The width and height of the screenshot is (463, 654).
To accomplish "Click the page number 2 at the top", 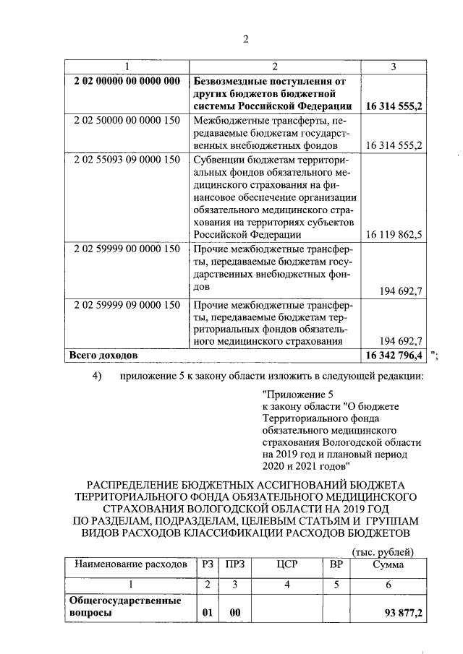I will pos(245,39).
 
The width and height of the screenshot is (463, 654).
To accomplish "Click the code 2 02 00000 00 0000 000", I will pos(127,81).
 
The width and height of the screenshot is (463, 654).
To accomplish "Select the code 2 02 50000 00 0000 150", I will pos(127,120).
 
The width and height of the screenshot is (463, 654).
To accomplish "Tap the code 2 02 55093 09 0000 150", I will pos(127,159).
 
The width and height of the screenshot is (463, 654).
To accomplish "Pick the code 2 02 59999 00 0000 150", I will pos(127,249).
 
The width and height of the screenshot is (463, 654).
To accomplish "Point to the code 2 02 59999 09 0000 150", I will pos(127,305).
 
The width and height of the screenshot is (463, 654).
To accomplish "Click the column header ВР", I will pos(336,564).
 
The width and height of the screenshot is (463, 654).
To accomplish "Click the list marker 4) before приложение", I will pos(98,375).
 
